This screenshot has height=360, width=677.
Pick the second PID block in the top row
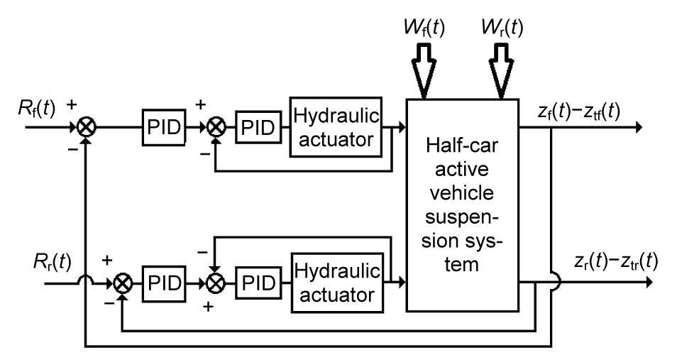[251, 128]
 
